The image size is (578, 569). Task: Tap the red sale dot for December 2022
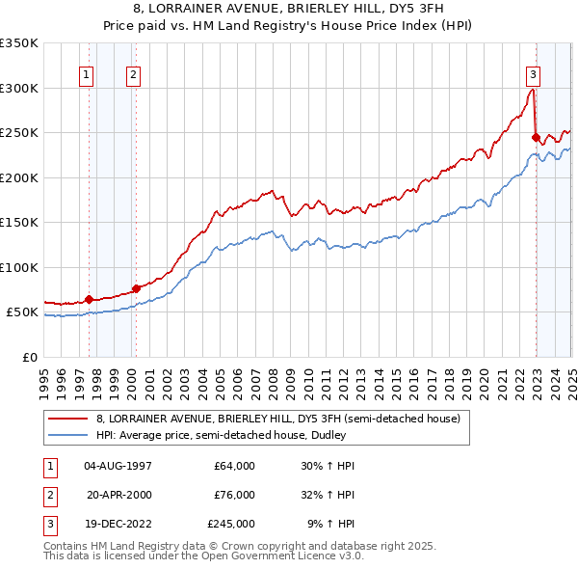(535, 138)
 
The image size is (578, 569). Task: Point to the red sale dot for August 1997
(89, 299)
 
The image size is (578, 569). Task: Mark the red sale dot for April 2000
(136, 288)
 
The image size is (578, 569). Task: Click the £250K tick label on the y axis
(18, 133)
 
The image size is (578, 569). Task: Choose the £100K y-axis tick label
(18, 267)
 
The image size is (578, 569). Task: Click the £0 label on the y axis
(28, 357)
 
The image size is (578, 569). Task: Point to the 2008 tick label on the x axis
(274, 375)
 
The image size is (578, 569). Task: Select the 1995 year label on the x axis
(44, 375)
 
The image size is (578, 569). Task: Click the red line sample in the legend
(68, 419)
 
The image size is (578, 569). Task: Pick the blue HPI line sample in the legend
(68, 435)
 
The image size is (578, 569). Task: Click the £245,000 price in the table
(231, 525)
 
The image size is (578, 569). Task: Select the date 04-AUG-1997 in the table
(118, 465)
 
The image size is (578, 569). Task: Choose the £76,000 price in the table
(234, 495)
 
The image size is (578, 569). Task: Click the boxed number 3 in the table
(48, 525)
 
